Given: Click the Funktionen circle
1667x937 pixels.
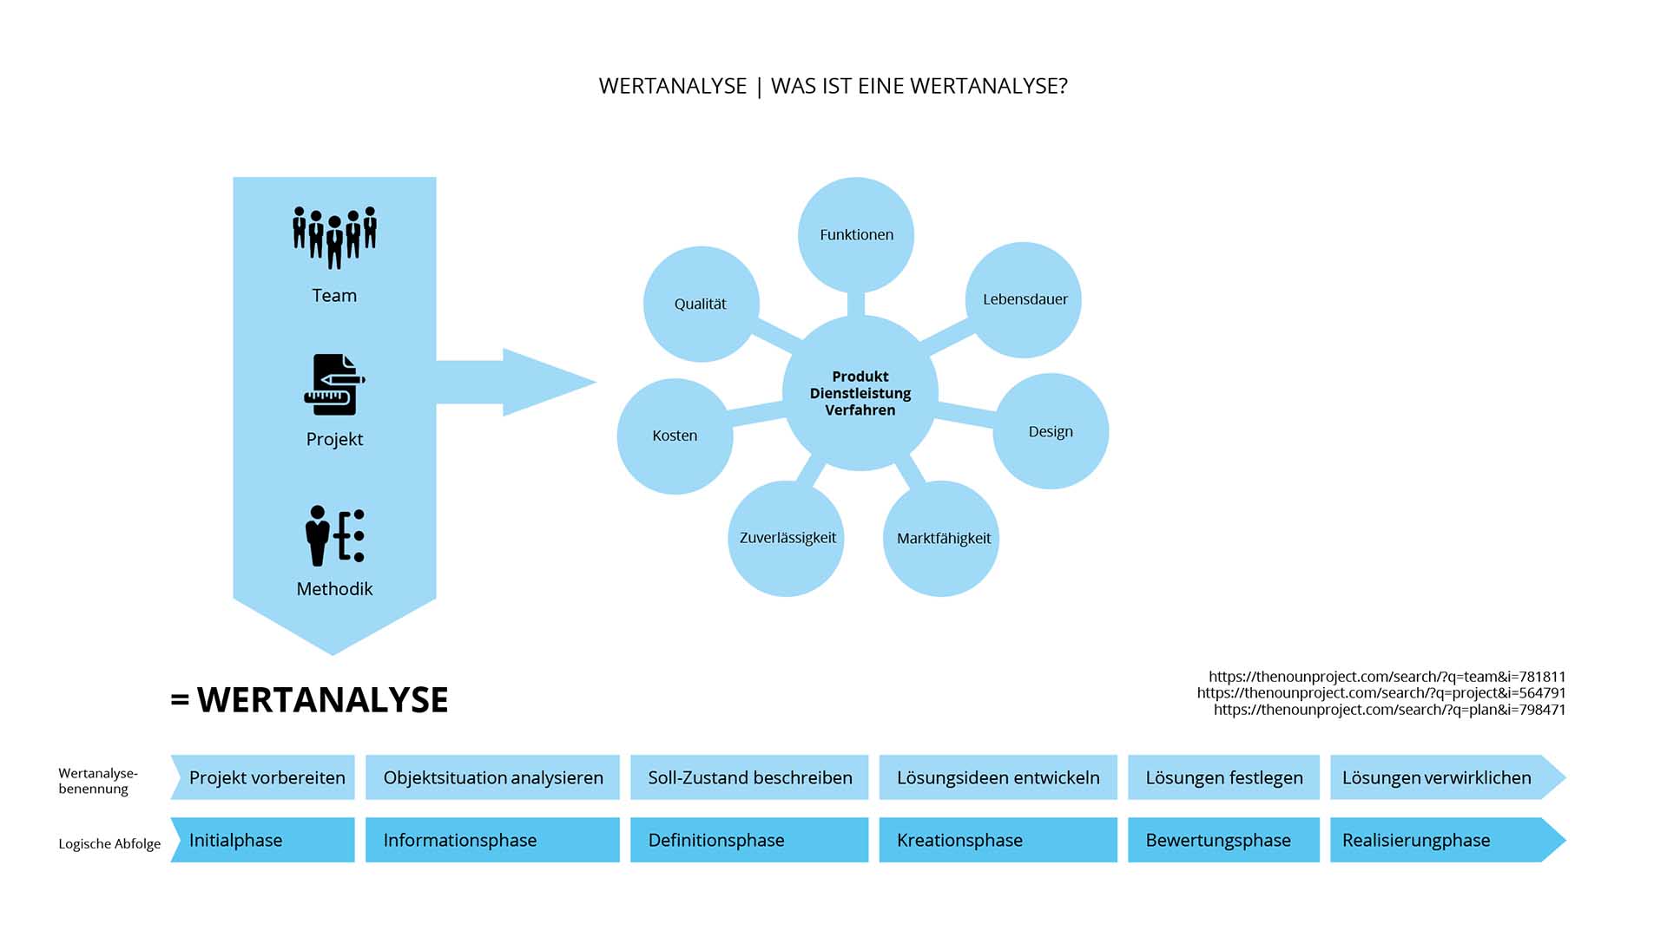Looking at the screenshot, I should (x=856, y=234).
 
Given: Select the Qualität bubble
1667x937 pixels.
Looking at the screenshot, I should (x=701, y=304).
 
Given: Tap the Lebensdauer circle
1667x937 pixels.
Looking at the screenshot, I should (x=1025, y=299).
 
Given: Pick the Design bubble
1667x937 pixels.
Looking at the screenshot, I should (x=1051, y=431).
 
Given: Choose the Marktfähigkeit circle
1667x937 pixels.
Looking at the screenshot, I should (x=943, y=538).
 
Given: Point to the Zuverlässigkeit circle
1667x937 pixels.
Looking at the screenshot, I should (x=787, y=538).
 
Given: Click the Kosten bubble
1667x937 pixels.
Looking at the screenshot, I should (x=675, y=436).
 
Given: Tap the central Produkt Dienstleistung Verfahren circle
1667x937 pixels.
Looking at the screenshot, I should (x=860, y=393).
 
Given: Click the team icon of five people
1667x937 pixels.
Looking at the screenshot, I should (x=334, y=236).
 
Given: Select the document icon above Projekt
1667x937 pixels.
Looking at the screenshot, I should (x=334, y=384).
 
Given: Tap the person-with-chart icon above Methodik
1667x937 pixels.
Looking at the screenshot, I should (x=334, y=535).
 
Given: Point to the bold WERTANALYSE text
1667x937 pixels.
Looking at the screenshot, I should (x=322, y=700).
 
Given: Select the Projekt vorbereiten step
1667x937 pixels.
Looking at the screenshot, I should (x=266, y=777).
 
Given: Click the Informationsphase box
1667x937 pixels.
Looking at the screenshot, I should (x=492, y=840).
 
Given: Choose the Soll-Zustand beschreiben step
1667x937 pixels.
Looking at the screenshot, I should (x=749, y=777).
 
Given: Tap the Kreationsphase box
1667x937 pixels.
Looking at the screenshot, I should (x=998, y=840).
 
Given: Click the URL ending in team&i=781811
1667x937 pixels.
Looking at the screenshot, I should (x=1387, y=677).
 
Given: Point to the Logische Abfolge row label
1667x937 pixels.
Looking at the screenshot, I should (x=109, y=843).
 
